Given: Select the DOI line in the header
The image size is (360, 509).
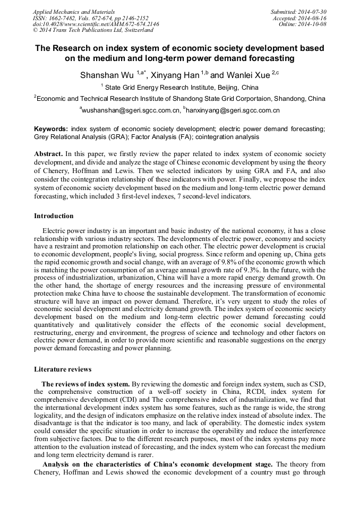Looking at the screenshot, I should (96, 24).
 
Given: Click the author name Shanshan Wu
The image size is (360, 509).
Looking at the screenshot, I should (107, 75).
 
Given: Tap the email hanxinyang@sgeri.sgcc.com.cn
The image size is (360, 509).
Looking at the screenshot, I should (232, 110).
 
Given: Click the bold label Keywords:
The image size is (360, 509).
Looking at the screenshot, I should (51, 129).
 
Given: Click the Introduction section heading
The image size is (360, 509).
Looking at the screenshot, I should (54, 216).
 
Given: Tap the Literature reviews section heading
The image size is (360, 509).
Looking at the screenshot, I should (63, 369).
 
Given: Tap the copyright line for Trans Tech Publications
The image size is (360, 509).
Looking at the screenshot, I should (85, 30).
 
